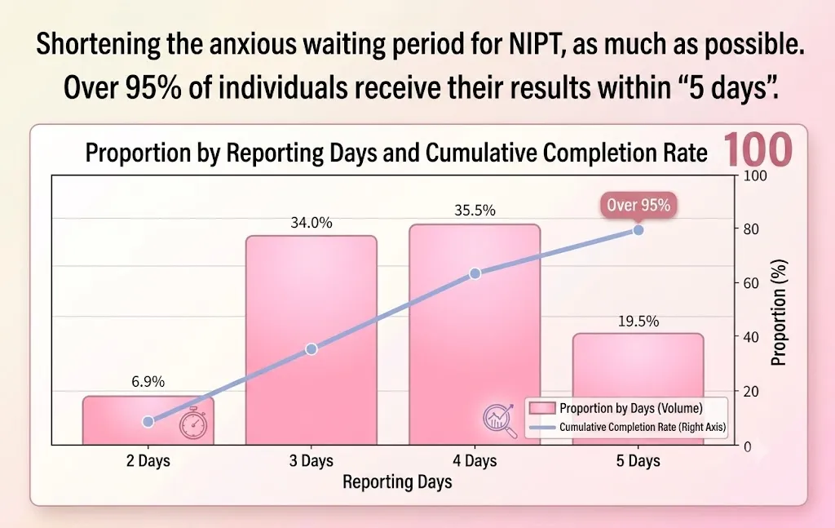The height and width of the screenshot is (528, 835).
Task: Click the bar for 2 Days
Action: [x=148, y=420]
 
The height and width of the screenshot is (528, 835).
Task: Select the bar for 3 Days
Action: [x=311, y=340]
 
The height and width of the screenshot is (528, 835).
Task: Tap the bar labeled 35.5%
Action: [x=475, y=335]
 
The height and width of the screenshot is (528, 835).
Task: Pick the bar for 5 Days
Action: [x=638, y=389]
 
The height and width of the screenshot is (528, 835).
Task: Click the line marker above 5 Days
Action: [x=638, y=230]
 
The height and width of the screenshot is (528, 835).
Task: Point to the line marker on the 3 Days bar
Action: [x=311, y=349]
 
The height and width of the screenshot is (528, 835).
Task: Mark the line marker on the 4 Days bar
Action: [x=475, y=273]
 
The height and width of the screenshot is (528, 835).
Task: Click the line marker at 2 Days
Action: [x=148, y=421]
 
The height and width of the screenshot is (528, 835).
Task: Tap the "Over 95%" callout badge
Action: [x=638, y=205]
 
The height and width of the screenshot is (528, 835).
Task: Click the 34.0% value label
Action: [x=311, y=223]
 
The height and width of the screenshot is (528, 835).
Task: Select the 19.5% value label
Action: [x=638, y=322]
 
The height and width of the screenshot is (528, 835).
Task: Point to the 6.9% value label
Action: [x=148, y=381]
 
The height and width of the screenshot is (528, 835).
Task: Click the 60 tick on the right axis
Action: [x=751, y=283]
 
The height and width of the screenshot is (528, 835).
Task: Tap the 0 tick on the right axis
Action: [x=748, y=446]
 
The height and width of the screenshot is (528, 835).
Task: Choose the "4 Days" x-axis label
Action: [x=475, y=461]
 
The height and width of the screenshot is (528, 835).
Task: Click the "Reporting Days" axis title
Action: [x=397, y=481]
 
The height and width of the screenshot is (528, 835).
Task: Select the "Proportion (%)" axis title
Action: [x=779, y=313]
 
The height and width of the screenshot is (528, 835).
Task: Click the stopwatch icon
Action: [x=192, y=424]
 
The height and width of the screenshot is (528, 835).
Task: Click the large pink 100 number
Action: [x=758, y=149]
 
